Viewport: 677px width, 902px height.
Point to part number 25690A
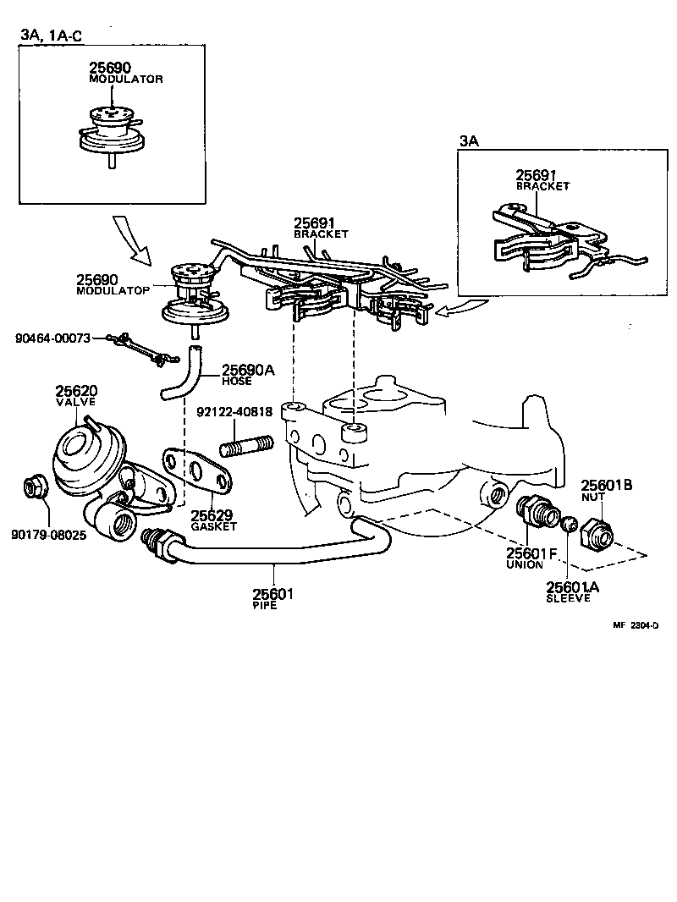[x=247, y=370]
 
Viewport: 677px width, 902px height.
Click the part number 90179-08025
[x=48, y=536]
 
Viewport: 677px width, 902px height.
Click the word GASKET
[x=213, y=526]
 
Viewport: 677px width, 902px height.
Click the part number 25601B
[x=607, y=485]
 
